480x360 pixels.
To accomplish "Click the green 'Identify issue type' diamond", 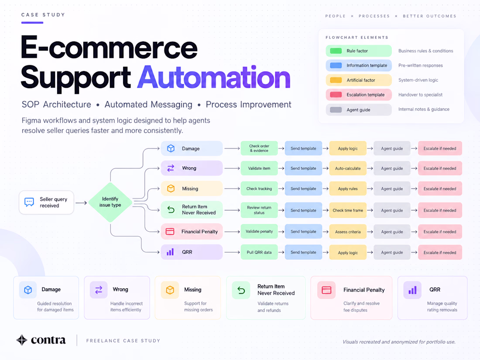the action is click(x=110, y=202).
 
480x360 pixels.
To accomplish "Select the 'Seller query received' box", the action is click(x=47, y=202).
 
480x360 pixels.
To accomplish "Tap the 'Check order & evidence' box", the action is click(x=259, y=148).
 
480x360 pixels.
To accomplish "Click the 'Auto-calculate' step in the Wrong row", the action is click(x=348, y=168).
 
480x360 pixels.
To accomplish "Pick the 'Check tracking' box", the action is click(x=259, y=189).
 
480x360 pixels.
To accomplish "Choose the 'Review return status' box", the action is click(x=259, y=210).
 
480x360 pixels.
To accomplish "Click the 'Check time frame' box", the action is click(x=348, y=210).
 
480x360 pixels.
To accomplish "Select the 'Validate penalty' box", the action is click(x=259, y=231).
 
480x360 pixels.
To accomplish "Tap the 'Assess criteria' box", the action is click(x=348, y=232).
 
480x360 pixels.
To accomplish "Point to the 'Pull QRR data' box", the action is click(x=259, y=252).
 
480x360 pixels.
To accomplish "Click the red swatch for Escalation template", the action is click(x=336, y=95).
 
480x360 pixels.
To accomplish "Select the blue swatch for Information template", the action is click(x=336, y=65).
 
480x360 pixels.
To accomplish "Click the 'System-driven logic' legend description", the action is click(x=418, y=80).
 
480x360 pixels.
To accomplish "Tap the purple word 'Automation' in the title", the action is click(x=214, y=77).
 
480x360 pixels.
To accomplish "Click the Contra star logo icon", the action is click(x=22, y=340).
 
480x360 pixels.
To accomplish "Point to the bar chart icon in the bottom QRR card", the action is click(x=412, y=290).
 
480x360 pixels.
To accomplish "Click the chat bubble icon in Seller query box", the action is click(x=29, y=202).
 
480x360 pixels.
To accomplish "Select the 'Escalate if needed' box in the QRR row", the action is click(x=440, y=253).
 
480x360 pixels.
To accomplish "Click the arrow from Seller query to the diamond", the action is click(x=81, y=202).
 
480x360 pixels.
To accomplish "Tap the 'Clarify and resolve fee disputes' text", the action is click(x=361, y=307).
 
